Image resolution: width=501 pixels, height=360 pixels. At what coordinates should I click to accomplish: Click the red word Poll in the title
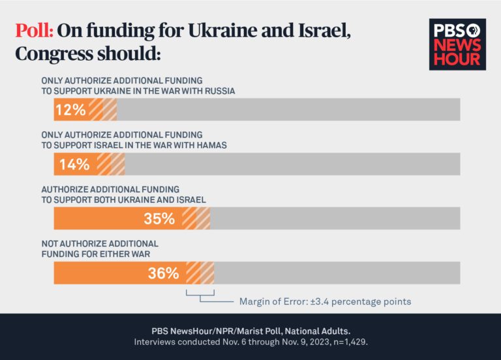[35, 32]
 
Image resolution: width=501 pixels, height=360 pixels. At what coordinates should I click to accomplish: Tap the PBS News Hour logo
[457, 44]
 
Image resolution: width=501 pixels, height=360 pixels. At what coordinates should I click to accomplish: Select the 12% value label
[71, 110]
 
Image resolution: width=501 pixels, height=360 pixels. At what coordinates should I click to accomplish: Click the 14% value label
[74, 164]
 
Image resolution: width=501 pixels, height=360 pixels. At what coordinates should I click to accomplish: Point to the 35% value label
[159, 219]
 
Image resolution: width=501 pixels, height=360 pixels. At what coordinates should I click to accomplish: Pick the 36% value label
[163, 273]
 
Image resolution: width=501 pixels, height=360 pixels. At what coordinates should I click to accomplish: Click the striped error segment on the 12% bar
[103, 110]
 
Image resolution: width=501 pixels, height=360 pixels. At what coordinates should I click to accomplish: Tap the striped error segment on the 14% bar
[111, 164]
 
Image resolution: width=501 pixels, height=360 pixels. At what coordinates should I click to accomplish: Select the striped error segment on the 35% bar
[196, 219]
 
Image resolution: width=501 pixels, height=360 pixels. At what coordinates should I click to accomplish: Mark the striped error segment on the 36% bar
[200, 273]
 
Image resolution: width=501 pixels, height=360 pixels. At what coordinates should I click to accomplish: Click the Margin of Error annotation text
[325, 301]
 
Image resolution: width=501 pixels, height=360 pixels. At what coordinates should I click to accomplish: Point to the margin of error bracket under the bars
[200, 296]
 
